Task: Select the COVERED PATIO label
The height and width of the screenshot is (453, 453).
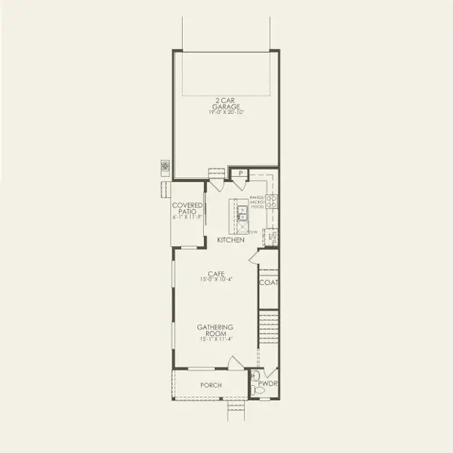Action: click(188, 208)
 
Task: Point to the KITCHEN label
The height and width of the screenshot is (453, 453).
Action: click(230, 240)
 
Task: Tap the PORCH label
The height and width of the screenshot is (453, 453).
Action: click(211, 385)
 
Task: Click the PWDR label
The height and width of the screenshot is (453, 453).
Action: click(267, 384)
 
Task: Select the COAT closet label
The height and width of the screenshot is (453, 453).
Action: click(268, 283)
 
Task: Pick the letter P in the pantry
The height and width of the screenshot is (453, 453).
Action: click(239, 174)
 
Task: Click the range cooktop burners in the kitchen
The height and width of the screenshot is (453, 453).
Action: click(272, 202)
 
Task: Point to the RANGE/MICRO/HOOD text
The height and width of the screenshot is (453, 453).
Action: click(257, 202)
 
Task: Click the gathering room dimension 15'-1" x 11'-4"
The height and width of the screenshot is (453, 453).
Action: click(214, 340)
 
